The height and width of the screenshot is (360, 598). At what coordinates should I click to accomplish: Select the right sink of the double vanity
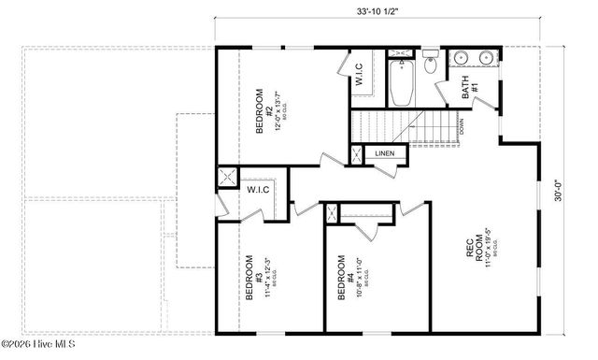(486, 60)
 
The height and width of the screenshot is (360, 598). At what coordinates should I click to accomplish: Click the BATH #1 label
(469, 90)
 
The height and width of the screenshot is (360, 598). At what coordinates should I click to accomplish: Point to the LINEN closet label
(385, 153)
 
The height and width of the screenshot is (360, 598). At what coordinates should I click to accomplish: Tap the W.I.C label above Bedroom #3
(258, 191)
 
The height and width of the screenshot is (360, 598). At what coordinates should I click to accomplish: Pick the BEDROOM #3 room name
(250, 278)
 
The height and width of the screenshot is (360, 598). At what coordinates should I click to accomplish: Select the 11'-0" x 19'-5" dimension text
(489, 248)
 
